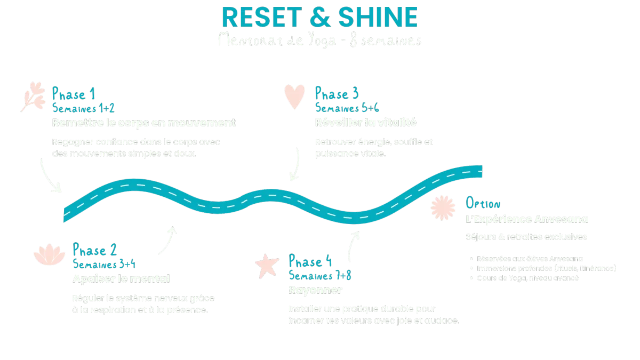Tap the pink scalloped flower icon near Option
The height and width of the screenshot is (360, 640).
pyautogui.click(x=443, y=207)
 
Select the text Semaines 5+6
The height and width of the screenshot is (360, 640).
pyautogui.click(x=347, y=108)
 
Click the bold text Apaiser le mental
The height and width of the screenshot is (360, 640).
pyautogui.click(x=121, y=278)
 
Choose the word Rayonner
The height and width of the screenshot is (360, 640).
pyautogui.click(x=314, y=290)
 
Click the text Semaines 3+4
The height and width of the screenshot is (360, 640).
pyautogui.click(x=105, y=264)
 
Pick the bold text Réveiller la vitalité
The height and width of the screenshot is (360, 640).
pyautogui.click(x=365, y=123)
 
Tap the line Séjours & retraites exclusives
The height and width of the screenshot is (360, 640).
pyautogui.click(x=526, y=236)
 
